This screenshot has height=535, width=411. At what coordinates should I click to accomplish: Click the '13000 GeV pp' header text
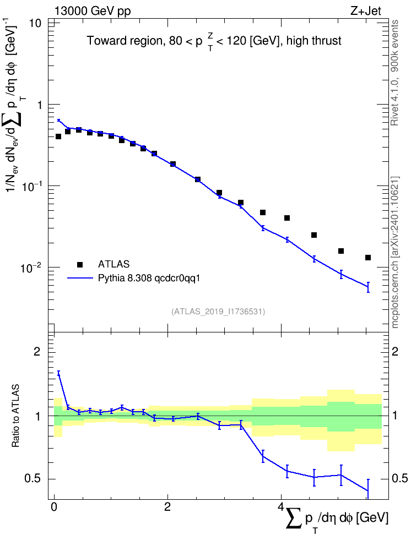tap(92, 11)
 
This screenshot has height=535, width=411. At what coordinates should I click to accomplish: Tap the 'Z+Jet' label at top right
tap(366, 11)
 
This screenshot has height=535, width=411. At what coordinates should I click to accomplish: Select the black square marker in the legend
tap(80, 264)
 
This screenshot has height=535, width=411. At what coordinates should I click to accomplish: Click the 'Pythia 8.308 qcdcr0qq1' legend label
tap(149, 279)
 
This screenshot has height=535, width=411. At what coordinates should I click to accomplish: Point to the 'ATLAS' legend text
tap(113, 264)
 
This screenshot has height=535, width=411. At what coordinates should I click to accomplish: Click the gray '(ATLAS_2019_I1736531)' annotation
tap(218, 311)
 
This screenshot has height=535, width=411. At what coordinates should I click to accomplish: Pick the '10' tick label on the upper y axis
tap(35, 24)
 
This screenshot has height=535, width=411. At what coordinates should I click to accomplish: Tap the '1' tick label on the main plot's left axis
tap(39, 105)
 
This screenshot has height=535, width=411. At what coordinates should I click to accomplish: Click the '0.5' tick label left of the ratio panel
tap(33, 479)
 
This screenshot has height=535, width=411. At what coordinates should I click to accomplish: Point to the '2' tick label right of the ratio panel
tap(395, 352)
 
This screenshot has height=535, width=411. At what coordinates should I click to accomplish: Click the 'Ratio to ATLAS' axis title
tap(15, 416)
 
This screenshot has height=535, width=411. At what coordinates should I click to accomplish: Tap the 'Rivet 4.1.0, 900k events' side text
tap(394, 73)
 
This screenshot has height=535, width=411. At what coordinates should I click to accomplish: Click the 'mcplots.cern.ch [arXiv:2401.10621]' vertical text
tap(394, 253)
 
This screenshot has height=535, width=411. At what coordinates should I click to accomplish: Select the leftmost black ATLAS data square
tap(58, 137)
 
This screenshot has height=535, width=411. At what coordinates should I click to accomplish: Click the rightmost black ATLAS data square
tap(368, 258)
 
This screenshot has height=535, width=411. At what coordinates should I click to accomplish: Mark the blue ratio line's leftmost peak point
tap(58, 373)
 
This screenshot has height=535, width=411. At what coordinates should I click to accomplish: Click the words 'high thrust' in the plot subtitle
tap(314, 41)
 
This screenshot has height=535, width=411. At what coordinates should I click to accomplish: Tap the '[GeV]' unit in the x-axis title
tap(372, 517)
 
